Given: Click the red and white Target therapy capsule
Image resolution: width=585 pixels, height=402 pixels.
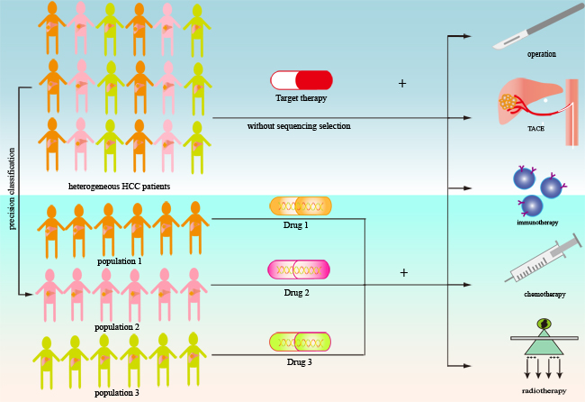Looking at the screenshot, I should (x=301, y=80).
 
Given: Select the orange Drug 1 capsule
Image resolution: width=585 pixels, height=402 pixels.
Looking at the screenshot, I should (x=301, y=206).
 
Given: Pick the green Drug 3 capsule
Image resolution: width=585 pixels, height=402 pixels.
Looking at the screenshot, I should (x=300, y=342).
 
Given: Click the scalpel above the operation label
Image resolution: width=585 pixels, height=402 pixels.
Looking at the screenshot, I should (x=539, y=27).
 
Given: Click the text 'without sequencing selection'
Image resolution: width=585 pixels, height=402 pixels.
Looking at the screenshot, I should (x=299, y=126).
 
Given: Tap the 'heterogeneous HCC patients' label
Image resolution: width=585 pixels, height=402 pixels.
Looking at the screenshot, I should (x=119, y=187).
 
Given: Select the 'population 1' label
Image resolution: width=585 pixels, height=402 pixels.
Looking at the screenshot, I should (x=120, y=260).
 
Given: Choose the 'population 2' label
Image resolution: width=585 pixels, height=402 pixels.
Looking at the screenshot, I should (x=117, y=326).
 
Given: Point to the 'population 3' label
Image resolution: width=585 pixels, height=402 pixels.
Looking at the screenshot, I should (x=119, y=393).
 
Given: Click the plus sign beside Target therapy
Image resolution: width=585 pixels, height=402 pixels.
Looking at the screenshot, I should (x=402, y=84).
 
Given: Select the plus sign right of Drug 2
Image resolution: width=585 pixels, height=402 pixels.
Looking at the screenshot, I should (x=403, y=272).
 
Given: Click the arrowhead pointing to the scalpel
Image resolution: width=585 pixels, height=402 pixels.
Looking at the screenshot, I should (x=467, y=37).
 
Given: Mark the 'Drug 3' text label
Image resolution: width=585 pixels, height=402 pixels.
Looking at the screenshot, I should (x=298, y=361).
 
